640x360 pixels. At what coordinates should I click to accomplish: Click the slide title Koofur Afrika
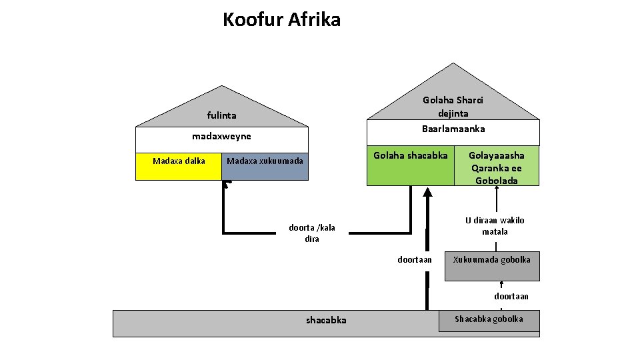pyautogui.click(x=281, y=20)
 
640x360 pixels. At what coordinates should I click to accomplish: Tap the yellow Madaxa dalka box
pyautogui.click(x=179, y=167)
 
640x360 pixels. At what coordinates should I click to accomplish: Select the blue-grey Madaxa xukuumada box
pyautogui.click(x=265, y=167)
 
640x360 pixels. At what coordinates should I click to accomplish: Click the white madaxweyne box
pyautogui.click(x=222, y=139)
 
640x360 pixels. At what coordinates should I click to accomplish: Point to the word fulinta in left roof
pyautogui.click(x=221, y=115)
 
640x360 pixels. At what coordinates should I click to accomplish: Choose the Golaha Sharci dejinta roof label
pyautogui.click(x=453, y=107)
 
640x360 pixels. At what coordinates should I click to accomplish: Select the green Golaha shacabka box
pyautogui.click(x=410, y=165)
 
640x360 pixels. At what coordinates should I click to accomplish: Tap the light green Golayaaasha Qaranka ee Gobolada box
pyautogui.click(x=496, y=167)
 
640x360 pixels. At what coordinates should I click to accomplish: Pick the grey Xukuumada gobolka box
pyautogui.click(x=492, y=265)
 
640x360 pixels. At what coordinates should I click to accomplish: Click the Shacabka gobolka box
pyautogui.click(x=489, y=319)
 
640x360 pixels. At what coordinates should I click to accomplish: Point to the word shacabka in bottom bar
pyautogui.click(x=326, y=320)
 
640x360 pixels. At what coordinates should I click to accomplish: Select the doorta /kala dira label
pyautogui.click(x=312, y=233)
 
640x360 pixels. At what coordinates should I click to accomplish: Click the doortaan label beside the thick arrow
pyautogui.click(x=415, y=259)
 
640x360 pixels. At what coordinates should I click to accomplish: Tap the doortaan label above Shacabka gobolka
pyautogui.click(x=511, y=296)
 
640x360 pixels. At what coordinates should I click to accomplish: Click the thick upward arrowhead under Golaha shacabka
pyautogui.click(x=428, y=193)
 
